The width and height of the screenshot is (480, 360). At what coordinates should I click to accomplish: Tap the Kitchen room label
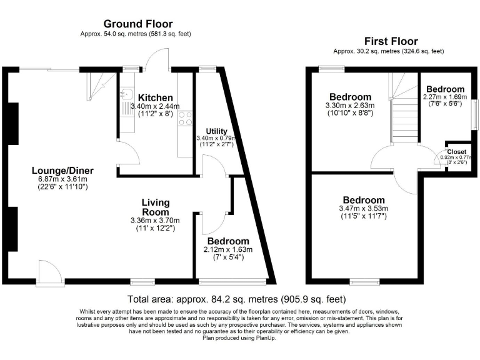tap(156, 98)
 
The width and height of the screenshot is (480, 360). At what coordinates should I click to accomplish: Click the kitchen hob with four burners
tap(186, 118)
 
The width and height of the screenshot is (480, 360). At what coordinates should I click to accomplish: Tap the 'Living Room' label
tap(154, 207)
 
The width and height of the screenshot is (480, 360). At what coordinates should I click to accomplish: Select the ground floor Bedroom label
tap(228, 241)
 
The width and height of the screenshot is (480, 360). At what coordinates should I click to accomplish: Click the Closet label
tap(456, 152)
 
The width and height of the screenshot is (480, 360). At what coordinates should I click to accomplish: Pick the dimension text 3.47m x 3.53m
tap(362, 208)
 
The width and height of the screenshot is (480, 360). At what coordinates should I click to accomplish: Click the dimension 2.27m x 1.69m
tap(444, 97)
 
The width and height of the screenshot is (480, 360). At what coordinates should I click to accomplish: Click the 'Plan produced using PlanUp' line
tap(239, 338)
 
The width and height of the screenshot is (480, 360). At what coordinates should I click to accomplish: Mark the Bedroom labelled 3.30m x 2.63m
tap(350, 97)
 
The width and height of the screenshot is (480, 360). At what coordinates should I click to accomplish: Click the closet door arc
tap(440, 161)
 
